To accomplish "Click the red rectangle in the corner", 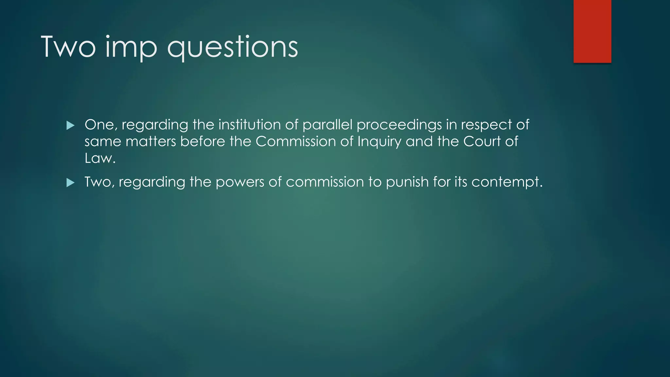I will tap(592, 31).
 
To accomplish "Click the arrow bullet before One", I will tap(70, 125).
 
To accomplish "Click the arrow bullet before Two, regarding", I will tap(70, 183).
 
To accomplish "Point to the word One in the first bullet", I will tap(100, 125).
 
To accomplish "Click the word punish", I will tap(407, 182).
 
